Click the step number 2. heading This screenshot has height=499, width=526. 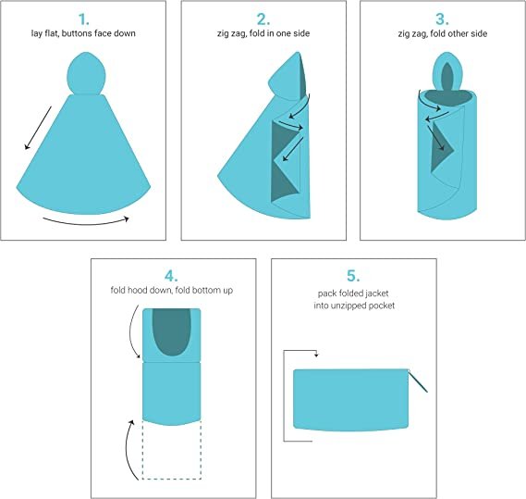[x=262, y=19]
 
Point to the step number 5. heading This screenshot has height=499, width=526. [x=351, y=275]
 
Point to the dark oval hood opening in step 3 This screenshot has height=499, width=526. [x=447, y=78]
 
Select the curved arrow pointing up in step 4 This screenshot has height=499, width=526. [x=125, y=449]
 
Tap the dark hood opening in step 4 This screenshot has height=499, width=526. [x=172, y=331]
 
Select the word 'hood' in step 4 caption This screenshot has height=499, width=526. [x=147, y=291]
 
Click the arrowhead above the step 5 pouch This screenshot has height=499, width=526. [x=316, y=353]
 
